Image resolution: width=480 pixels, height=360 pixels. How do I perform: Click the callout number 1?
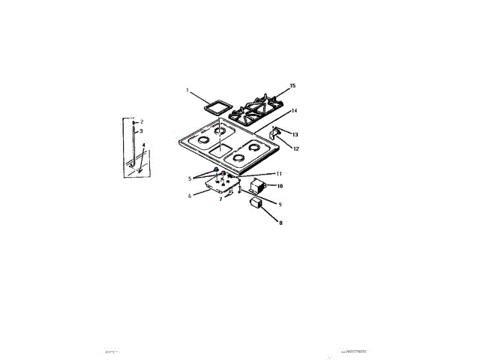[187, 90]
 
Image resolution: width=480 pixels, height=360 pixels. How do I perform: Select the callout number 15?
[294, 85]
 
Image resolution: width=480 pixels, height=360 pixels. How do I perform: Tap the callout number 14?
[295, 111]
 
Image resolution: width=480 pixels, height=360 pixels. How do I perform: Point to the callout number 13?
[295, 135]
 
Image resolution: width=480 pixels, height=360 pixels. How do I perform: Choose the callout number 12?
[295, 148]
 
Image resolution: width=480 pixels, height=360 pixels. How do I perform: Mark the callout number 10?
[279, 186]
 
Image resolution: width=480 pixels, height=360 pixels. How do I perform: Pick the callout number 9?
[279, 204]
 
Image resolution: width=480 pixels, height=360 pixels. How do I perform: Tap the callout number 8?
[280, 222]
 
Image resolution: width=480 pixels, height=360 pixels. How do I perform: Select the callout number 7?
[220, 200]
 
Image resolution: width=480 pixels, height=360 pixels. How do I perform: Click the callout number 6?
[190, 196]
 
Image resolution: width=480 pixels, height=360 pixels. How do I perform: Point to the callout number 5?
[190, 178]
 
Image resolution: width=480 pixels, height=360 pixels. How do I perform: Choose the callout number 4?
[143, 145]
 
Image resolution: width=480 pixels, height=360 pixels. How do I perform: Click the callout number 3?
[141, 130]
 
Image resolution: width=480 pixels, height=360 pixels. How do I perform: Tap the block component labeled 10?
[257, 185]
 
